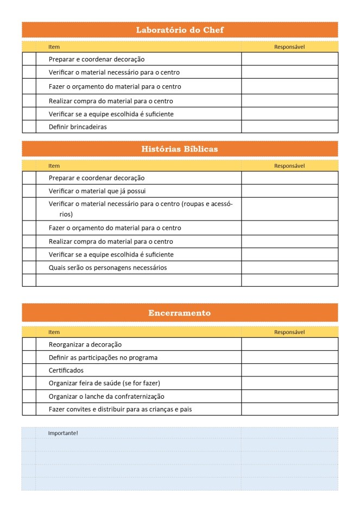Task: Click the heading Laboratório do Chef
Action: click(x=180, y=30)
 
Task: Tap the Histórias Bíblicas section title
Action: click(x=180, y=149)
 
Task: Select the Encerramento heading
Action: click(x=180, y=313)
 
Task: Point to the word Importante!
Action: click(x=63, y=433)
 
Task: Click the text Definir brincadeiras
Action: click(x=78, y=127)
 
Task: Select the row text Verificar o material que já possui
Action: click(x=97, y=191)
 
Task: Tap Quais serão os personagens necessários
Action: click(x=108, y=268)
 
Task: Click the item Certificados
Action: click(x=66, y=370)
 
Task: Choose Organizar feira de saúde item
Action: click(x=104, y=383)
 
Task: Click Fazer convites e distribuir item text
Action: click(x=120, y=409)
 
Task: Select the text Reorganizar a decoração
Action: click(x=85, y=344)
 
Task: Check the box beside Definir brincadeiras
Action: click(x=29, y=127)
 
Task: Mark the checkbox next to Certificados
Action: click(x=29, y=370)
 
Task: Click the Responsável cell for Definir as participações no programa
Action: click(x=289, y=357)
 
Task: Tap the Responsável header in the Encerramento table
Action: click(x=289, y=332)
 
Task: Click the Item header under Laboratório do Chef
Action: click(x=54, y=47)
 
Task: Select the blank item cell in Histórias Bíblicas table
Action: click(x=138, y=280)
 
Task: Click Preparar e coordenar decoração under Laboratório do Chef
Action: click(x=97, y=59)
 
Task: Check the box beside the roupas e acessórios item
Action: click(x=29, y=209)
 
